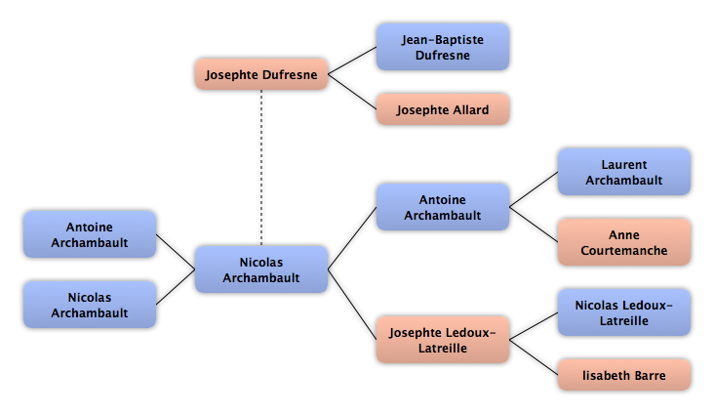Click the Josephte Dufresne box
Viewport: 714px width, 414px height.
coord(261,74)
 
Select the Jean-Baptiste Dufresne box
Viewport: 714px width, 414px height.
coord(443,47)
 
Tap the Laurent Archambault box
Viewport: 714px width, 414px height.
coord(624,172)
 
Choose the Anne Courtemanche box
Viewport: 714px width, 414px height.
coord(624,242)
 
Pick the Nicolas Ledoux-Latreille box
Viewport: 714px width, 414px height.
coord(624,312)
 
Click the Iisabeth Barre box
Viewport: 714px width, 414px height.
coord(624,375)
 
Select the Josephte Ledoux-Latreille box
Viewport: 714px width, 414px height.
coord(443,340)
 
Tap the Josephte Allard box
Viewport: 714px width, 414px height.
coord(443,109)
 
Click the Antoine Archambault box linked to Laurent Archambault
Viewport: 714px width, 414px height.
coord(443,207)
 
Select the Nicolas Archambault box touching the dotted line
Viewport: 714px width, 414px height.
coord(261,269)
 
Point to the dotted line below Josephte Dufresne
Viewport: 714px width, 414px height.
coord(261,168)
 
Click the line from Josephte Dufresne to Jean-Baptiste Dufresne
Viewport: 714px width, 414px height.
coord(352,61)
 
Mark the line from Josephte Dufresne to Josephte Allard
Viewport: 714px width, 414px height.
coord(352,92)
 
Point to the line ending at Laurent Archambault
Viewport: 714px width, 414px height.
coord(534,189)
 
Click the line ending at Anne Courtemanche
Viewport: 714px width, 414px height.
coord(534,225)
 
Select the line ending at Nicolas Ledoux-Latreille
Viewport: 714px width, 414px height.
coord(534,326)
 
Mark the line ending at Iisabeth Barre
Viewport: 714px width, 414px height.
coord(534,357)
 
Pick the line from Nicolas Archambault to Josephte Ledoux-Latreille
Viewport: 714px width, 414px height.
coord(352,305)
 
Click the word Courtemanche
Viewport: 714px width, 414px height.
coord(624,250)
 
